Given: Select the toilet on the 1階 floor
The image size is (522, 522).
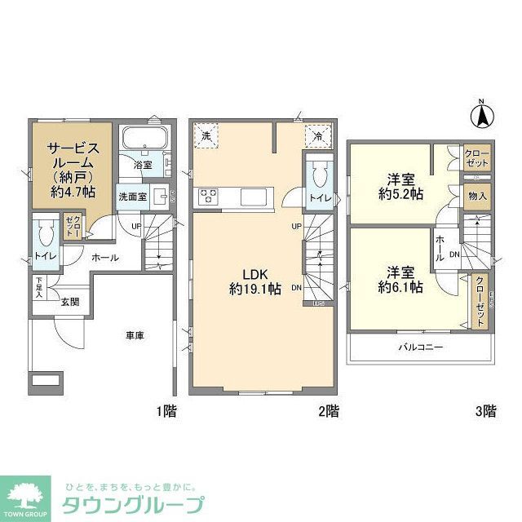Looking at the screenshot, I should (x=46, y=236).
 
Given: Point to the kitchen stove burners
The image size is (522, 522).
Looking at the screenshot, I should (x=206, y=196).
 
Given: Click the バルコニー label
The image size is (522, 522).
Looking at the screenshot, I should (x=420, y=347).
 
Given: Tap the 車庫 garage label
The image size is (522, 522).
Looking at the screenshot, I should (x=135, y=335).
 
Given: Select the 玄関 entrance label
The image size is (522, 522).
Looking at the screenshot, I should (x=69, y=301).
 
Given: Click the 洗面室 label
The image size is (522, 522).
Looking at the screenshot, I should (x=131, y=197).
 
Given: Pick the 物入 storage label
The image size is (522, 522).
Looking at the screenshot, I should (x=477, y=196).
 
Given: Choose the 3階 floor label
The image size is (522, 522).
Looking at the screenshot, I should (x=484, y=411).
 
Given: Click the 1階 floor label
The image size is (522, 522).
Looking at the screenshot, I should (x=166, y=411).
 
